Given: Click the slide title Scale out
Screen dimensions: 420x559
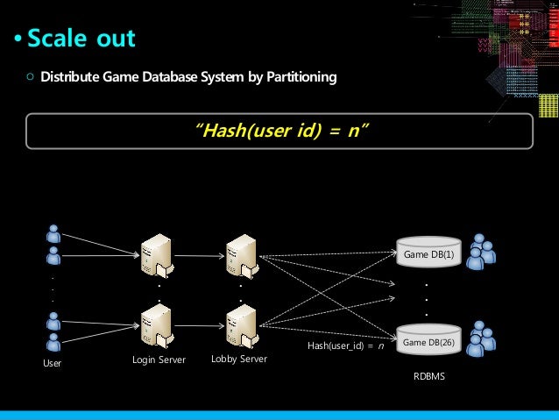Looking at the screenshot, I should [81, 39].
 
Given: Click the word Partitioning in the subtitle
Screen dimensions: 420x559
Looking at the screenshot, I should [300, 78].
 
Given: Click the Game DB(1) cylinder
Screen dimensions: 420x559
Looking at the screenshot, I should [428, 252].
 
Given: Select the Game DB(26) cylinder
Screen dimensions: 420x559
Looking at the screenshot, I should [428, 339].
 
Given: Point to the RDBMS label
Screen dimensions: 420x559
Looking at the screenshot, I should [428, 376].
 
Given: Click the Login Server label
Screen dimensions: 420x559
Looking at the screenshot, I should [159, 359].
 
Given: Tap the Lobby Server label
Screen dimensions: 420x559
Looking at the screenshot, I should [239, 359].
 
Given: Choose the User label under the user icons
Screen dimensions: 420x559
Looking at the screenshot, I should [53, 361].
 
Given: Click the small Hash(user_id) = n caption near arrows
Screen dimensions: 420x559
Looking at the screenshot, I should [345, 346].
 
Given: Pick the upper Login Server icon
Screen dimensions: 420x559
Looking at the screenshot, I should [158, 255].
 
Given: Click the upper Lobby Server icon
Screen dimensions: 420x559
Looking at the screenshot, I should [240, 255].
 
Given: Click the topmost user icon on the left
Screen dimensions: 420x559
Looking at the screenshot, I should [53, 233].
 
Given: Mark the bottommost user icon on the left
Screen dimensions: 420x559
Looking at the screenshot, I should [53, 342].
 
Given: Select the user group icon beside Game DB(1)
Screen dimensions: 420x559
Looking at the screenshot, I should [480, 251].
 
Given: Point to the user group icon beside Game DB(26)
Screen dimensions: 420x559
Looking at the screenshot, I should [480, 338].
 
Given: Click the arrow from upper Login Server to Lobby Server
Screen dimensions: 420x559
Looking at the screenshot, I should [198, 256].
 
